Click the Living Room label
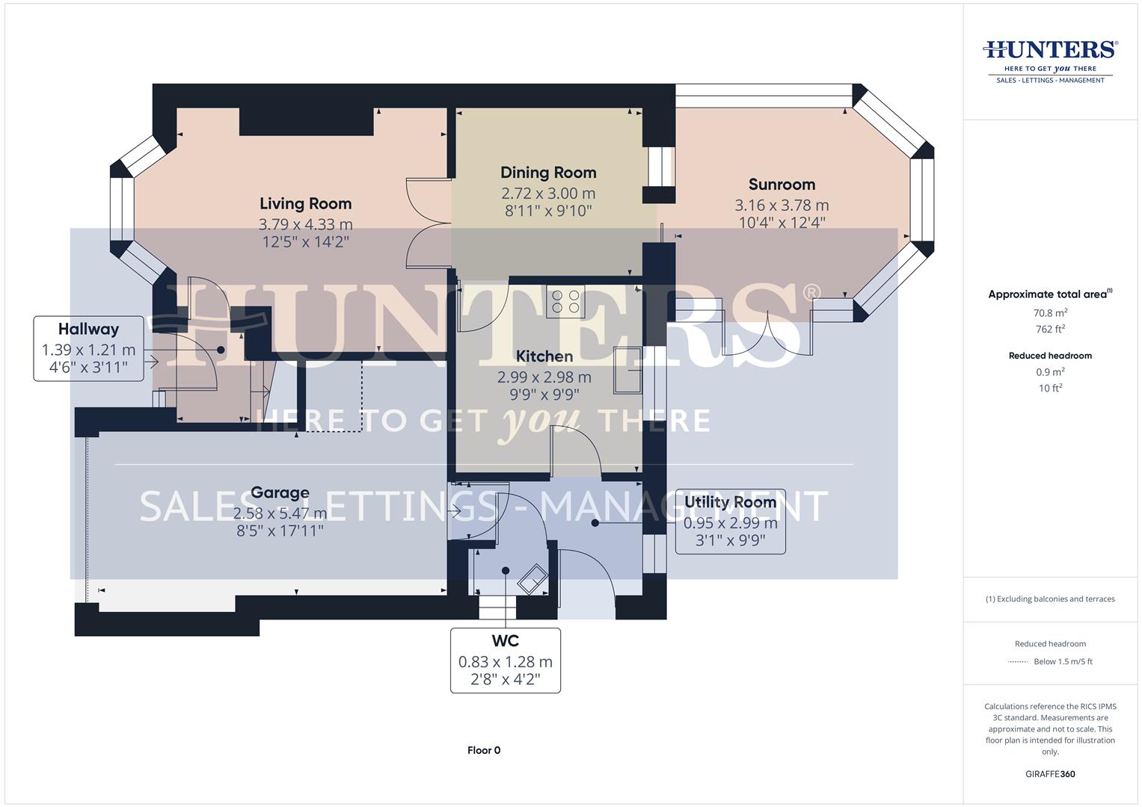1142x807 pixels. (x=305, y=203)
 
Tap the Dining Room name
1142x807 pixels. (x=548, y=173)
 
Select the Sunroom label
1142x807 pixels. (x=782, y=185)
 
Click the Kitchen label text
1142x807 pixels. (x=544, y=356)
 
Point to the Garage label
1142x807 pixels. (x=280, y=492)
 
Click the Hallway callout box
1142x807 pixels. (x=88, y=348)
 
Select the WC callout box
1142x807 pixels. (x=505, y=661)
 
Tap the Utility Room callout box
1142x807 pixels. (x=730, y=521)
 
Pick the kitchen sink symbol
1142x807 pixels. (x=627, y=370)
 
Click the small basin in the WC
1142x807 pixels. (x=532, y=578)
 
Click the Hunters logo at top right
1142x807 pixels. (x=1050, y=60)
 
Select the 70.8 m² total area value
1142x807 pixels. (x=1050, y=313)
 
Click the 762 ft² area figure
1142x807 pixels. (x=1050, y=329)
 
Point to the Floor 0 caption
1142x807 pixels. (x=484, y=750)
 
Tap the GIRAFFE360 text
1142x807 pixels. (x=1050, y=774)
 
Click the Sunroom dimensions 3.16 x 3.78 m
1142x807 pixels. (x=782, y=205)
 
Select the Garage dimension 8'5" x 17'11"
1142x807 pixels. (x=280, y=531)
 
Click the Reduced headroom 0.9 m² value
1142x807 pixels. (x=1050, y=372)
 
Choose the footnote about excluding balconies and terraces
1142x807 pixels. (x=1050, y=599)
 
